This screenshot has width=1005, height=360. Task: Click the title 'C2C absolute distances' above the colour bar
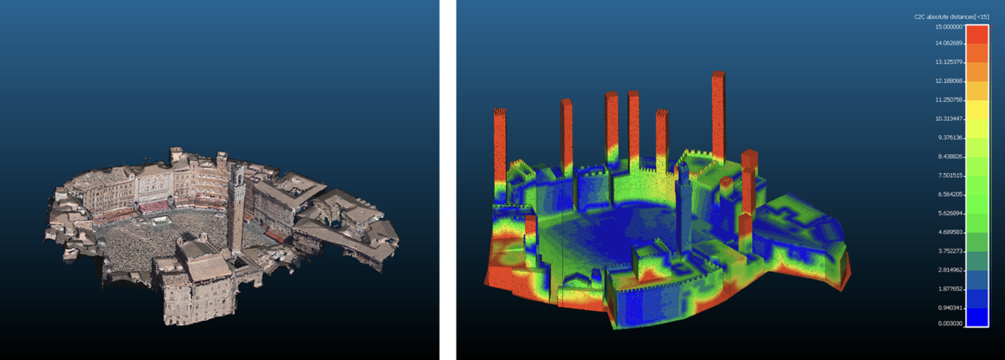coord(944,17)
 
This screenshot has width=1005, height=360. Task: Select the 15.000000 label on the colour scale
coord(948,27)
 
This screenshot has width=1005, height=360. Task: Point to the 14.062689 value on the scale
coord(948,43)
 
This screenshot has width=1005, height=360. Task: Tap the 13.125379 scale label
coord(948,62)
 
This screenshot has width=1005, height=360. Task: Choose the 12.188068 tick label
coord(948,81)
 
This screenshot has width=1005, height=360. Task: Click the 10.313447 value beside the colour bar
coord(948,119)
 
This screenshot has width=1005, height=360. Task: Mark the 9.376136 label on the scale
coord(950,138)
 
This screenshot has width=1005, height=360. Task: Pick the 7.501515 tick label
coord(950,175)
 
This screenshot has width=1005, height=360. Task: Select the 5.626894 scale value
coord(950,213)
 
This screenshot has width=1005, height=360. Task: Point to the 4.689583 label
coord(950,232)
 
